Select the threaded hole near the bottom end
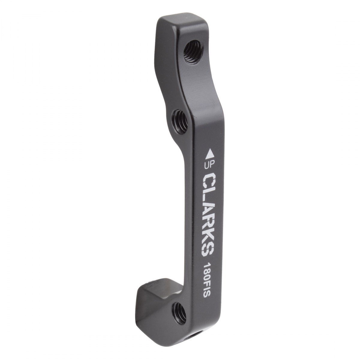coord(179,310)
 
